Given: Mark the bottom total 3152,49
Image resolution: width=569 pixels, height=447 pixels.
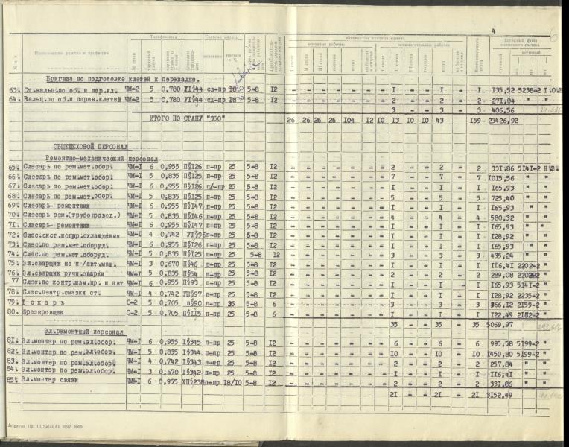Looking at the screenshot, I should pos(504,395).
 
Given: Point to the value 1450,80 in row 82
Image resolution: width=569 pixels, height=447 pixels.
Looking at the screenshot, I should pos(503,354).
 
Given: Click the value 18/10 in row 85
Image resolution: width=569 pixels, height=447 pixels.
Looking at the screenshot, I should pos(233,381).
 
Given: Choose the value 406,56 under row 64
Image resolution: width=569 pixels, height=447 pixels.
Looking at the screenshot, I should pos(503,110).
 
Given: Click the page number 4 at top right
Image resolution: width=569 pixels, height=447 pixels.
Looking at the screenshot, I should pos(493,31).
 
